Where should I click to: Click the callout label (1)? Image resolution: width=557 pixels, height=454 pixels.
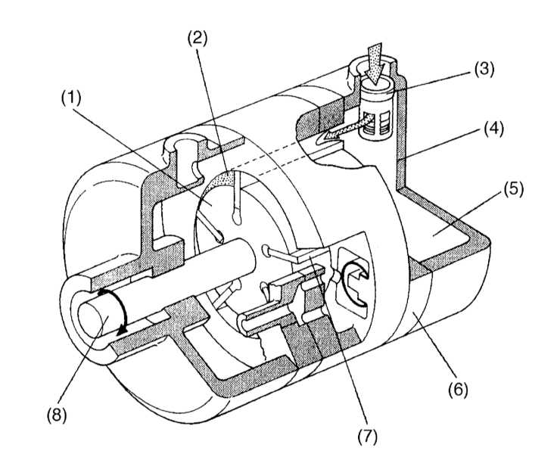(x=71, y=98)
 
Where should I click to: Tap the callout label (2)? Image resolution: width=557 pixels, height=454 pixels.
(x=198, y=39)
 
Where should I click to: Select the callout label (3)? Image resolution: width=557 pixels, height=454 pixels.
(x=484, y=69)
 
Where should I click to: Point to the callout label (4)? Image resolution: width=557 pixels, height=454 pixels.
(x=493, y=129)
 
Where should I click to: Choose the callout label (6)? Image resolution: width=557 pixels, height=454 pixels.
(x=458, y=390)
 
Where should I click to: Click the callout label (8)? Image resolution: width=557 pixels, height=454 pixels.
(x=57, y=415)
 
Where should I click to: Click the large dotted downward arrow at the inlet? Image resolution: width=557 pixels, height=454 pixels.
(x=374, y=64)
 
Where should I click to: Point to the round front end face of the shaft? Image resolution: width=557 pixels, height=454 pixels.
(x=93, y=318)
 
